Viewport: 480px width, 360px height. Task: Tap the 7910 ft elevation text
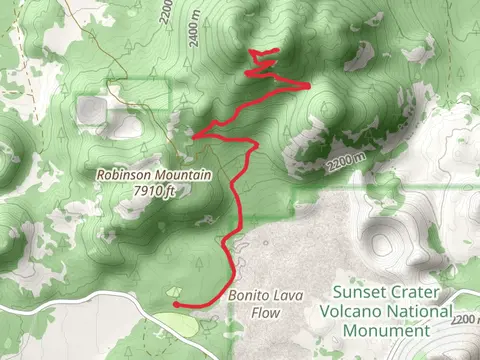pos(154,190)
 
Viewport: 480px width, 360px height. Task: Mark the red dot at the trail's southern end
pos(175,303)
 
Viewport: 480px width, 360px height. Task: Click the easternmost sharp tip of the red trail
pos(309,85)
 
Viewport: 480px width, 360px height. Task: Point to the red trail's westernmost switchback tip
pos(192,134)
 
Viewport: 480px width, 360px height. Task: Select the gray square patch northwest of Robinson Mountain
pos(92,108)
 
